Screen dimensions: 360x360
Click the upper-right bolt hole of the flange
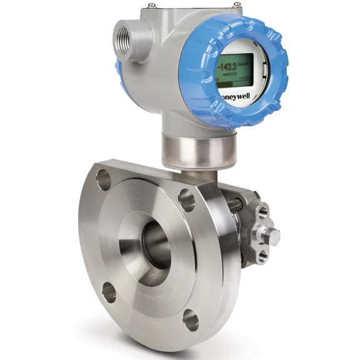coord(186,199)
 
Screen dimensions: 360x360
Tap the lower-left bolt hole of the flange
coord(109,291)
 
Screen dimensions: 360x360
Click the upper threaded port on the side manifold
coord(264,211)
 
